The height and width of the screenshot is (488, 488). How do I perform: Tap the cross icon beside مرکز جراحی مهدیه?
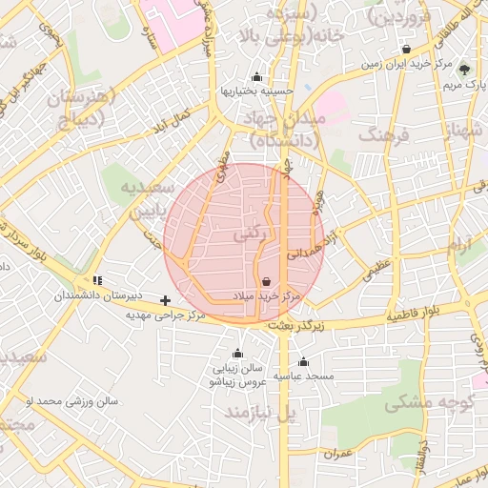tap(166, 300)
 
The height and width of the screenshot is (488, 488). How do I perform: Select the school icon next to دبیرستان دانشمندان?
tap(98, 281)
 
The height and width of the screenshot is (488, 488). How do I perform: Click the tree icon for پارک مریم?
tap(464, 70)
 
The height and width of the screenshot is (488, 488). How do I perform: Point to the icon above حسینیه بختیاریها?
tap(255, 77)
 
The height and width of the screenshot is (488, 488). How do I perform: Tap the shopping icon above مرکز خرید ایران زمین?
tap(407, 49)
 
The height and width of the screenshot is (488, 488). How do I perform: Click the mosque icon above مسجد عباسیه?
tap(303, 361)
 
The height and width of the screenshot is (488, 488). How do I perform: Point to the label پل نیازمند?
tap(261, 412)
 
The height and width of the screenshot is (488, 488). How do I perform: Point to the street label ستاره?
tap(150, 38)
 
